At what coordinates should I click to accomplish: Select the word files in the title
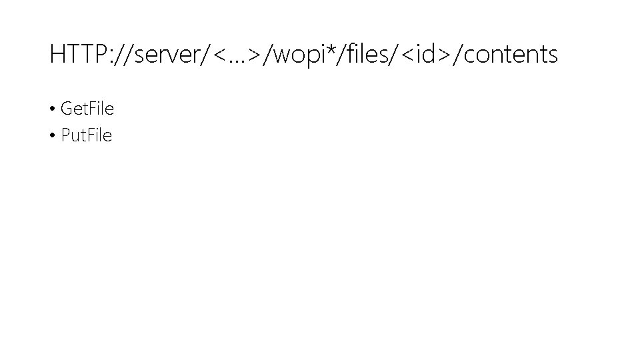(365, 54)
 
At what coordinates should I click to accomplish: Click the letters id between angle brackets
(423, 54)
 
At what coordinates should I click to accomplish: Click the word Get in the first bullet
(73, 108)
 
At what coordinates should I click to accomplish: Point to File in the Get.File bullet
(101, 108)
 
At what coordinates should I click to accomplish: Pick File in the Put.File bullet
(99, 136)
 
